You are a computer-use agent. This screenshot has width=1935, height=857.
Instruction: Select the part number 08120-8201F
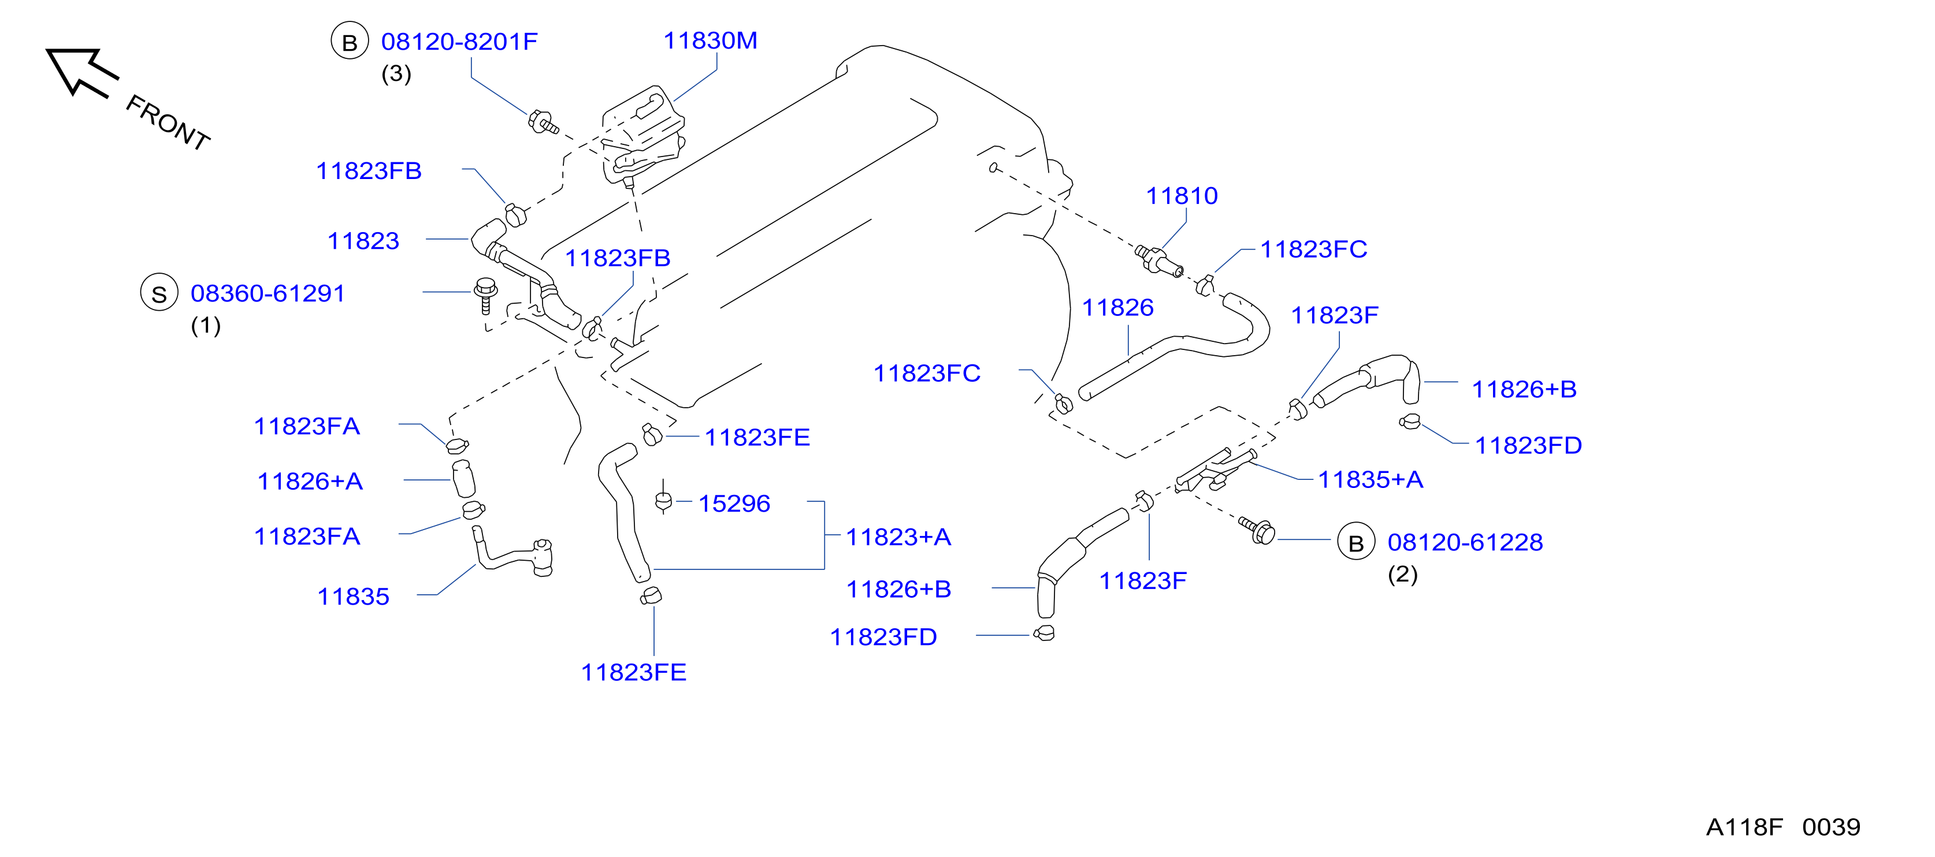(459, 42)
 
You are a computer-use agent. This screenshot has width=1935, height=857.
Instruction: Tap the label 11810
(1182, 195)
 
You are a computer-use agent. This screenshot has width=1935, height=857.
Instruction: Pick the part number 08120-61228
(1465, 542)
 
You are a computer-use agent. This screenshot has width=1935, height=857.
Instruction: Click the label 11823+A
(898, 536)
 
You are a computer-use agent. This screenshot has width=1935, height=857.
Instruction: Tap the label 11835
(353, 597)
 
